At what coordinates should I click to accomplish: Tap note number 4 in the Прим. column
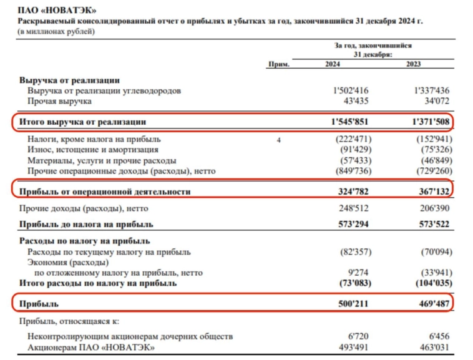click(279, 140)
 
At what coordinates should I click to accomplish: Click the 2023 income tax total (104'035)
click(430, 283)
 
